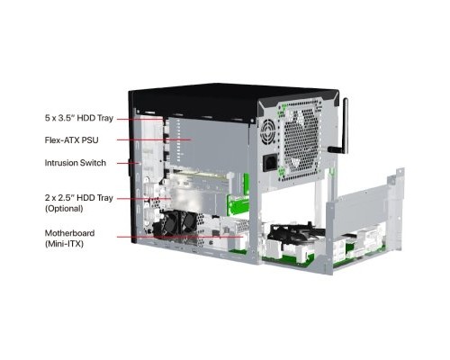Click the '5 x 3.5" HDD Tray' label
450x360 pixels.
pyautogui.click(x=79, y=118)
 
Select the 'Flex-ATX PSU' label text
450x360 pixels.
pyautogui.click(x=71, y=140)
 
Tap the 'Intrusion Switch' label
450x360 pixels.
pyautogui.click(x=76, y=163)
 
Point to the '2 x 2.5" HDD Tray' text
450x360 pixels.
pyautogui.click(x=79, y=198)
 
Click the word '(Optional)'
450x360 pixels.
pyautogui.click(x=64, y=209)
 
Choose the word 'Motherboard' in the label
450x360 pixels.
pyautogui.click(x=69, y=233)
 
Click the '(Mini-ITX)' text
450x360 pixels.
pyautogui.click(x=64, y=244)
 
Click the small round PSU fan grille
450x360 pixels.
pyautogui.click(x=267, y=132)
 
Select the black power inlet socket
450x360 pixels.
pyautogui.click(x=269, y=163)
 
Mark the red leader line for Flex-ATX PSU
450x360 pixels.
pyautogui.click(x=154, y=139)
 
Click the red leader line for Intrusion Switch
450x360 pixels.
pyautogui.click(x=129, y=163)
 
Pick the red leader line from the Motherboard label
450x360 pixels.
pyautogui.click(x=179, y=237)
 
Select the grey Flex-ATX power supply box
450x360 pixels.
pyautogui.click(x=210, y=144)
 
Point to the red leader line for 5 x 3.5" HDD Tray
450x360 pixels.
pyautogui.click(x=139, y=119)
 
